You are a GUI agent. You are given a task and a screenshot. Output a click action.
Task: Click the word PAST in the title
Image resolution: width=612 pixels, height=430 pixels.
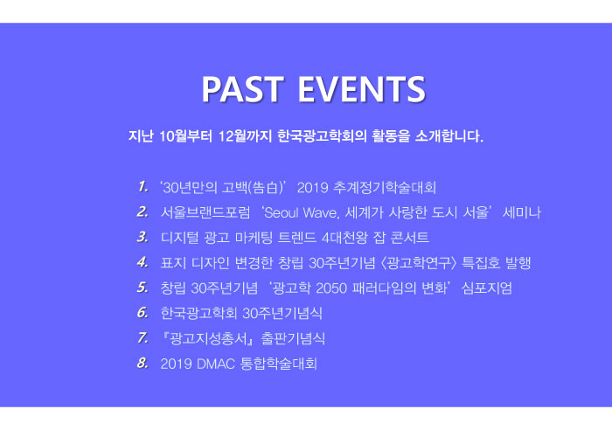242,89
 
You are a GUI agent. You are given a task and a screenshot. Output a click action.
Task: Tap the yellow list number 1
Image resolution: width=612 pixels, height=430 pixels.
143,187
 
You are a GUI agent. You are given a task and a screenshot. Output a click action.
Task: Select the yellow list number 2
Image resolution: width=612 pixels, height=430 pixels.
143,212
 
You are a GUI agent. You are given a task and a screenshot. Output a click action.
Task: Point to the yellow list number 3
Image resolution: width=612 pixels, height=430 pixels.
143,237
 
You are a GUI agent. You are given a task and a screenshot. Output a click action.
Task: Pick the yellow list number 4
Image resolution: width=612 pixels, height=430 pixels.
143,262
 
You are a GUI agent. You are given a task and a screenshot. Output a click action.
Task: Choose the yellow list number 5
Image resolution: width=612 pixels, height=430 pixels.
143,288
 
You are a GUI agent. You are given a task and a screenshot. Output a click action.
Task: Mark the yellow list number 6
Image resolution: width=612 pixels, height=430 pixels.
143,313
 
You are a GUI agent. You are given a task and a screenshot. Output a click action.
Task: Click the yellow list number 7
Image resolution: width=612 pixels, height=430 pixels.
143,337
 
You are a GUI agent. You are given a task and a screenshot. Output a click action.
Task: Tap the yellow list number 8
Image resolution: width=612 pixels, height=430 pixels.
143,363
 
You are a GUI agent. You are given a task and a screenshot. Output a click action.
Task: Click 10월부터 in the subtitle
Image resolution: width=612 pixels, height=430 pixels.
185,136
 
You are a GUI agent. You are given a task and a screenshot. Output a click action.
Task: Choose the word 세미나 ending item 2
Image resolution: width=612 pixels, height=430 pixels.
521,212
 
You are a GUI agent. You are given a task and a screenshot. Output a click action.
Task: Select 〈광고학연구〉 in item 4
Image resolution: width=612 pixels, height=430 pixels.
419,263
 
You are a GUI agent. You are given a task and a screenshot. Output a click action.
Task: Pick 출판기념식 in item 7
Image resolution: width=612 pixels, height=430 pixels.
293,338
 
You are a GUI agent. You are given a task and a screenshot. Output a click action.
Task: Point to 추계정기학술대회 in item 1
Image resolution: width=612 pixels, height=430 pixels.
385,188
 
